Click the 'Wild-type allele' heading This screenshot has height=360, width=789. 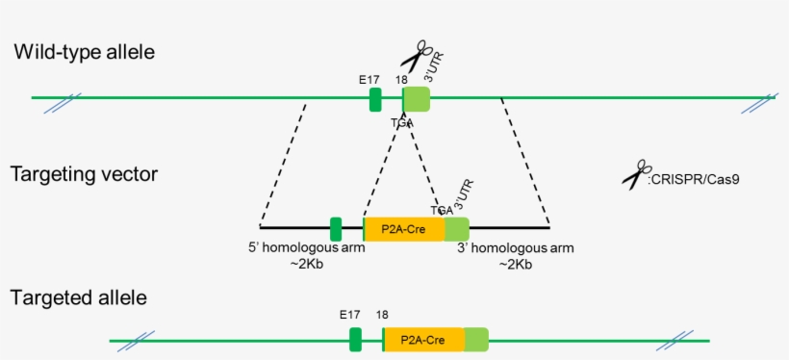[x=84, y=52]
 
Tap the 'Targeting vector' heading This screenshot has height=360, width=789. [x=84, y=174]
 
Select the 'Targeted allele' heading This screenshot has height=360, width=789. [x=79, y=297]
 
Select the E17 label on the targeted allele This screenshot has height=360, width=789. [x=349, y=315]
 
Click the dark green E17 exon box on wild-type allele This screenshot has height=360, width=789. [x=375, y=98]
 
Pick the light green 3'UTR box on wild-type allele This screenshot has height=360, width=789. [x=417, y=98]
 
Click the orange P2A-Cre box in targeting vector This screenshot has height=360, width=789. [x=404, y=229]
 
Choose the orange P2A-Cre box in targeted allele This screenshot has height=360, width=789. [x=423, y=340]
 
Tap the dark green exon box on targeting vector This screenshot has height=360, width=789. [x=336, y=229]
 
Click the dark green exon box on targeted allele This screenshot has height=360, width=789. [x=355, y=340]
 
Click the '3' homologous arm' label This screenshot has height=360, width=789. [x=515, y=247]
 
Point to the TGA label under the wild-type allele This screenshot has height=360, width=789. [x=401, y=122]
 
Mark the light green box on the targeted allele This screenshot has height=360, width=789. [x=476, y=340]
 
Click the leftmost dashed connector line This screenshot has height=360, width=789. [x=284, y=161]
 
